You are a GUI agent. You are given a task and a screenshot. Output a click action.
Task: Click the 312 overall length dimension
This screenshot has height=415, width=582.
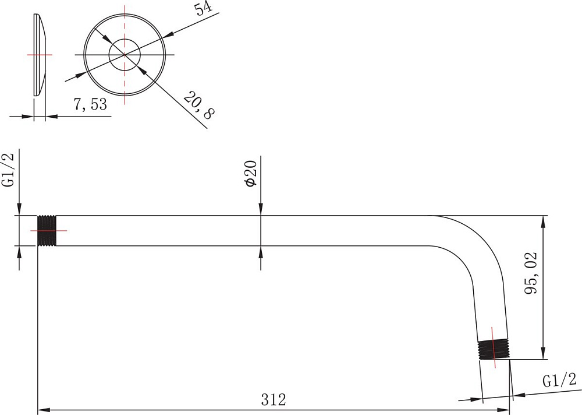point(274,400)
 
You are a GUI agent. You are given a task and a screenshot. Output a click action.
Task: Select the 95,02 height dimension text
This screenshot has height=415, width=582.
point(531,273)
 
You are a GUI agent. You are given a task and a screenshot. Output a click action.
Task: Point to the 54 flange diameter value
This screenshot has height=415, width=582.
point(204,8)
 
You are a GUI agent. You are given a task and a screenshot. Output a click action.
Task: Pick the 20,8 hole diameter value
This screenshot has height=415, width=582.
point(199,105)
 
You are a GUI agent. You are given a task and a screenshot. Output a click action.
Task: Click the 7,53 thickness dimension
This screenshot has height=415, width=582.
point(90,104)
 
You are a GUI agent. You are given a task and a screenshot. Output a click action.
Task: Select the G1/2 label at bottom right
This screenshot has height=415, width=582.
point(560,381)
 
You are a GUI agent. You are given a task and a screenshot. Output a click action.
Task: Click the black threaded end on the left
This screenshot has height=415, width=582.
point(47,231)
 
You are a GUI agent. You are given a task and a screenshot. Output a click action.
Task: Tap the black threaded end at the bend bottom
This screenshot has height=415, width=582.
point(494,350)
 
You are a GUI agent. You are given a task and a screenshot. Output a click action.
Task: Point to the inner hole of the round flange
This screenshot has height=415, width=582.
point(125,55)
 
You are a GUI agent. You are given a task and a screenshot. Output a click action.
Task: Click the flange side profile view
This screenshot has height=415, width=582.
point(40,55)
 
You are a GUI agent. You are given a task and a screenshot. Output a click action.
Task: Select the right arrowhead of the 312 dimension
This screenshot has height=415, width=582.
point(503,410)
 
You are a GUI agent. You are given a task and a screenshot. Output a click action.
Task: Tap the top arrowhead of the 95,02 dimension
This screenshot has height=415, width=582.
point(543,221)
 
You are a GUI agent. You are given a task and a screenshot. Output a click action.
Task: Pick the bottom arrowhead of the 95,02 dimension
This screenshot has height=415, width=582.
point(543,353)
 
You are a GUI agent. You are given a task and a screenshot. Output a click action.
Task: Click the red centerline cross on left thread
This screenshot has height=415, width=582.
point(49,231)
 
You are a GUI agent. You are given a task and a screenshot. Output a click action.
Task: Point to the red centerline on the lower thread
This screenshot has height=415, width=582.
point(494,347)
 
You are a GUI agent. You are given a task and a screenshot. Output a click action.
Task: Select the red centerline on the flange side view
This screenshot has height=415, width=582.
point(40,55)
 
